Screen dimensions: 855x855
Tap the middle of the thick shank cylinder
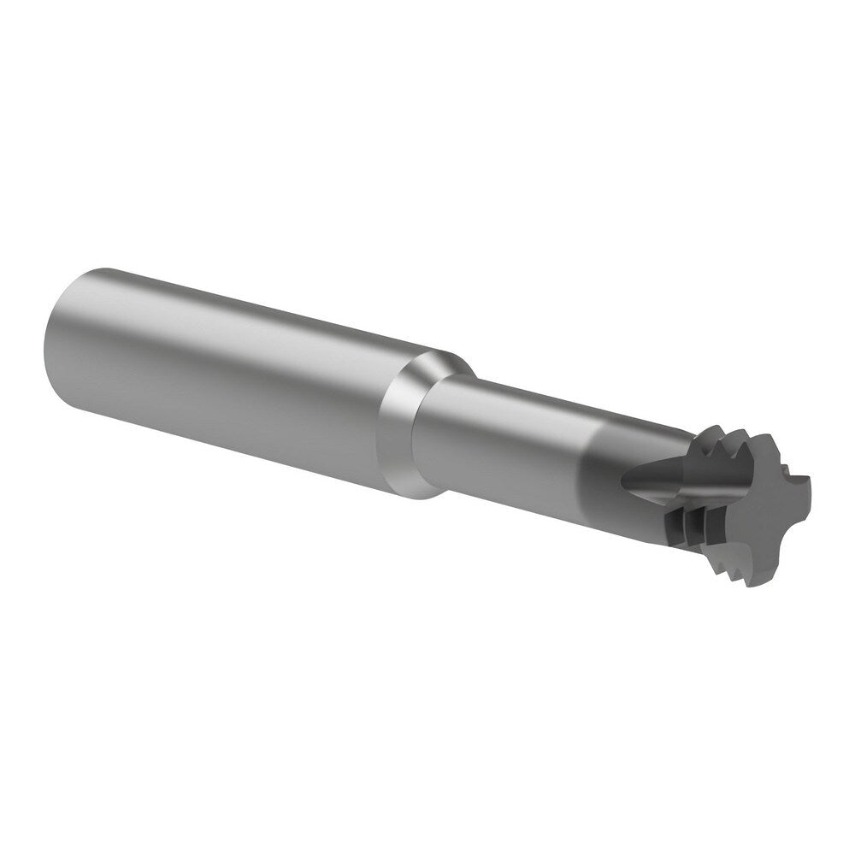coord(231,376)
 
